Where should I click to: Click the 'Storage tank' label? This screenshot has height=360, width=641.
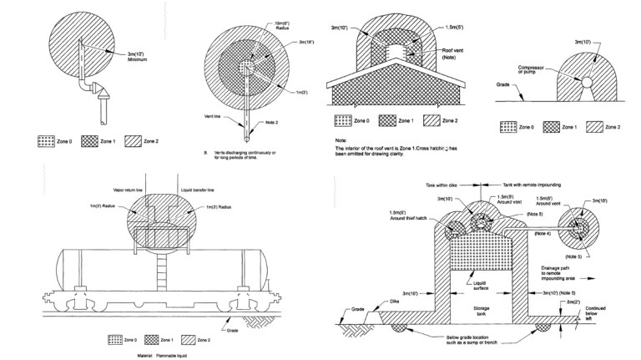tap(482, 307)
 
